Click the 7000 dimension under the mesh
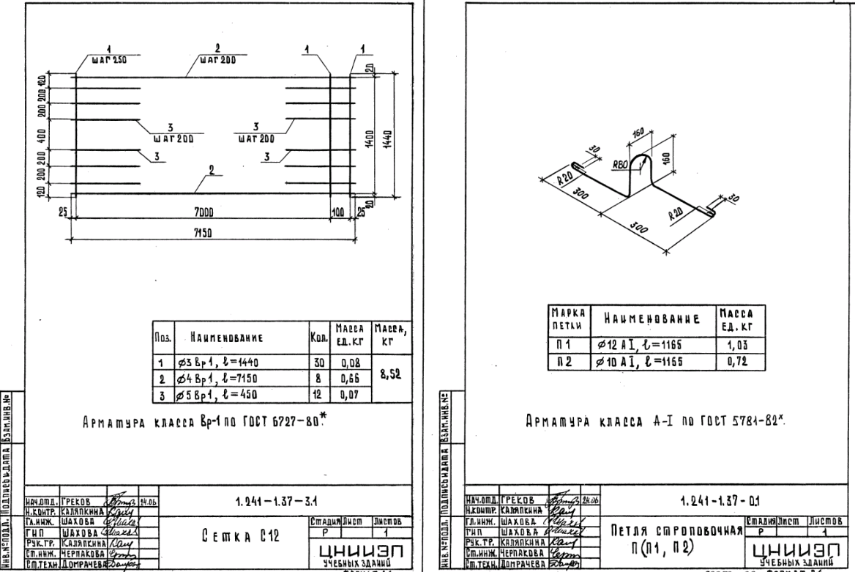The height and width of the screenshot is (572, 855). (204, 212)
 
